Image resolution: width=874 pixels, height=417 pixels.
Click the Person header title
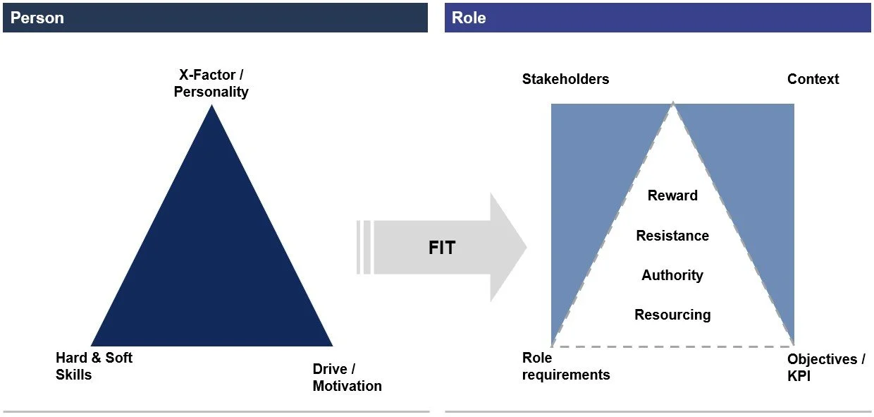coord(37,18)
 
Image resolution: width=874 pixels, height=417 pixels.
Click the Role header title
coord(469,18)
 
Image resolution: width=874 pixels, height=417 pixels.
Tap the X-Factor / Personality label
coord(211,83)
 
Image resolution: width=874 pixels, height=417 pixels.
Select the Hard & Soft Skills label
coord(94,365)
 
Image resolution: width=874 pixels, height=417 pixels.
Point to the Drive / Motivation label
coord(347,377)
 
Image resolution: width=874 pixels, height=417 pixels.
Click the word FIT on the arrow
coord(442,248)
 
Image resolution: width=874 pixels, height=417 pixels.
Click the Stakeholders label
coord(565,79)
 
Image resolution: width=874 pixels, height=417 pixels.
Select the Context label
coord(813,79)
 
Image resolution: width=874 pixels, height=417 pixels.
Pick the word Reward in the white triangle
coord(672,195)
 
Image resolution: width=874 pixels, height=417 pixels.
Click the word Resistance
coord(672,236)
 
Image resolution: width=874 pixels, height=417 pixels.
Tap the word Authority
coord(672,275)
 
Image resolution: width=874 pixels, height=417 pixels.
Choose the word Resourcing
coord(672,315)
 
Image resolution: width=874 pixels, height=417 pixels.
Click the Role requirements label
coord(565,366)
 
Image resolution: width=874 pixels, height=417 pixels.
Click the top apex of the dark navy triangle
coord(211,107)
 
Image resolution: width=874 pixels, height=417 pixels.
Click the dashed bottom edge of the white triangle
coord(672,346)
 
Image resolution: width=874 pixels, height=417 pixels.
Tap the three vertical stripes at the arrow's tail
coord(364,247)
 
